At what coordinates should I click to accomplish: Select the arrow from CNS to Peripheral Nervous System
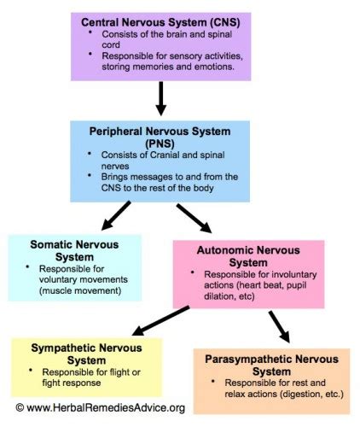coord(161,99)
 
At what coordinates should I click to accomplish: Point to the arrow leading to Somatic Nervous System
coord(116,215)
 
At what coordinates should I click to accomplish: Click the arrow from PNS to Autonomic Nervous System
coord(194,217)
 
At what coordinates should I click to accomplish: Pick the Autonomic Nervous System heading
coord(248,255)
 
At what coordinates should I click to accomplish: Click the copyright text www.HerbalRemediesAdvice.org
coord(107,408)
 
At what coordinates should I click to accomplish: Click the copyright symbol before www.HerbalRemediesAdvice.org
coord(19,408)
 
